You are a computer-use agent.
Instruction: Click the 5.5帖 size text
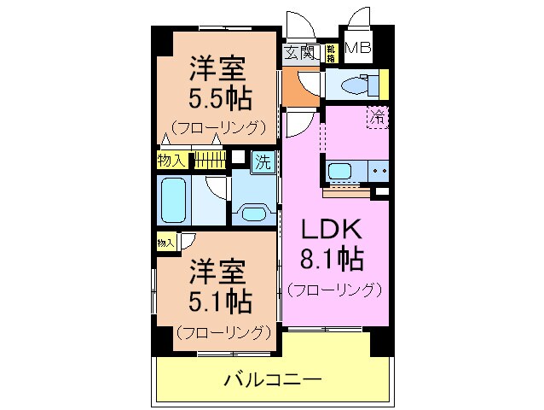(x=219, y=97)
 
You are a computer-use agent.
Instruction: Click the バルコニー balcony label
(x=273, y=378)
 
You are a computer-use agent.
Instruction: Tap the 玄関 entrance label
(x=299, y=53)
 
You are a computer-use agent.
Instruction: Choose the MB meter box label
(x=357, y=49)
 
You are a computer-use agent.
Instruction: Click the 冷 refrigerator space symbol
(x=376, y=118)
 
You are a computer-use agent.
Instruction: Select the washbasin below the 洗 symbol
(x=253, y=212)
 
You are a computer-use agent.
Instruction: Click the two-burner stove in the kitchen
(x=378, y=171)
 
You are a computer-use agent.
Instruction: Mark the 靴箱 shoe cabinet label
(x=331, y=53)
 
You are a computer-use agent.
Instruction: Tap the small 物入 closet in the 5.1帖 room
(x=165, y=243)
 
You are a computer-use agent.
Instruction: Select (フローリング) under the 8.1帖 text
(x=333, y=289)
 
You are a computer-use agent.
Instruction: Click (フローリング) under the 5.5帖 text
(x=219, y=128)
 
